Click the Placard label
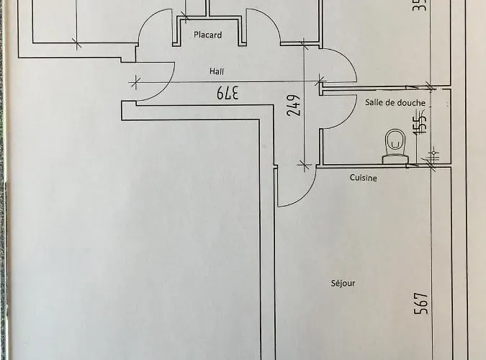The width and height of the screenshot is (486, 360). click(207, 35)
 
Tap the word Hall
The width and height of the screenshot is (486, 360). click(217, 71)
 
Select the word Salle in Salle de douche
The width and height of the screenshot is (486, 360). click(375, 103)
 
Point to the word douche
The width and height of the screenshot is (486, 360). click(411, 103)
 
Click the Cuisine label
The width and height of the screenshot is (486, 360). click(364, 177)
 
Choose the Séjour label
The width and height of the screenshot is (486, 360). click(343, 283)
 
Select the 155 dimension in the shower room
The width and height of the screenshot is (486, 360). click(420, 123)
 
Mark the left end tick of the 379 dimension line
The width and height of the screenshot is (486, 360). click(133, 81)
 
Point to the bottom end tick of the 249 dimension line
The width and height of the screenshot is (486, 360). click(304, 165)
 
